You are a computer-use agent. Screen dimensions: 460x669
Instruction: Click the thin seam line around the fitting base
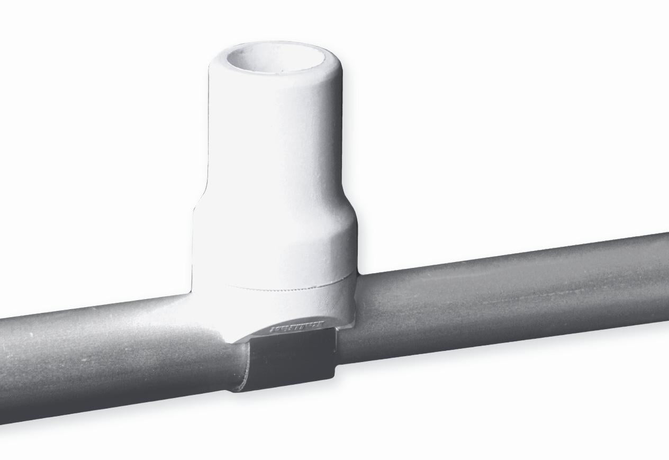[x=286, y=287]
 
